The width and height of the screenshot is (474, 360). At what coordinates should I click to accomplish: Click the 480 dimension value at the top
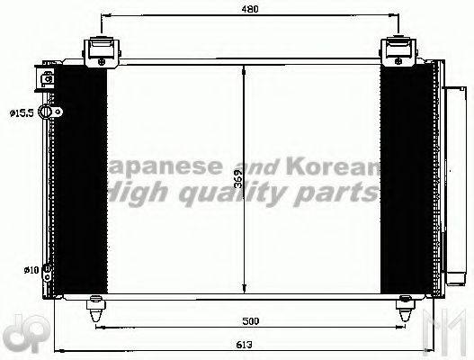[x=250, y=9]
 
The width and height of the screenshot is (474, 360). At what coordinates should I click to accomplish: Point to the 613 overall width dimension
[x=244, y=343]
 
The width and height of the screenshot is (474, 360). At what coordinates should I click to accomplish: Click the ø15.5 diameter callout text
[x=22, y=112]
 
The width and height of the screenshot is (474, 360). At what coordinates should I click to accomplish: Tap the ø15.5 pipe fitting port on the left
[x=57, y=112]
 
